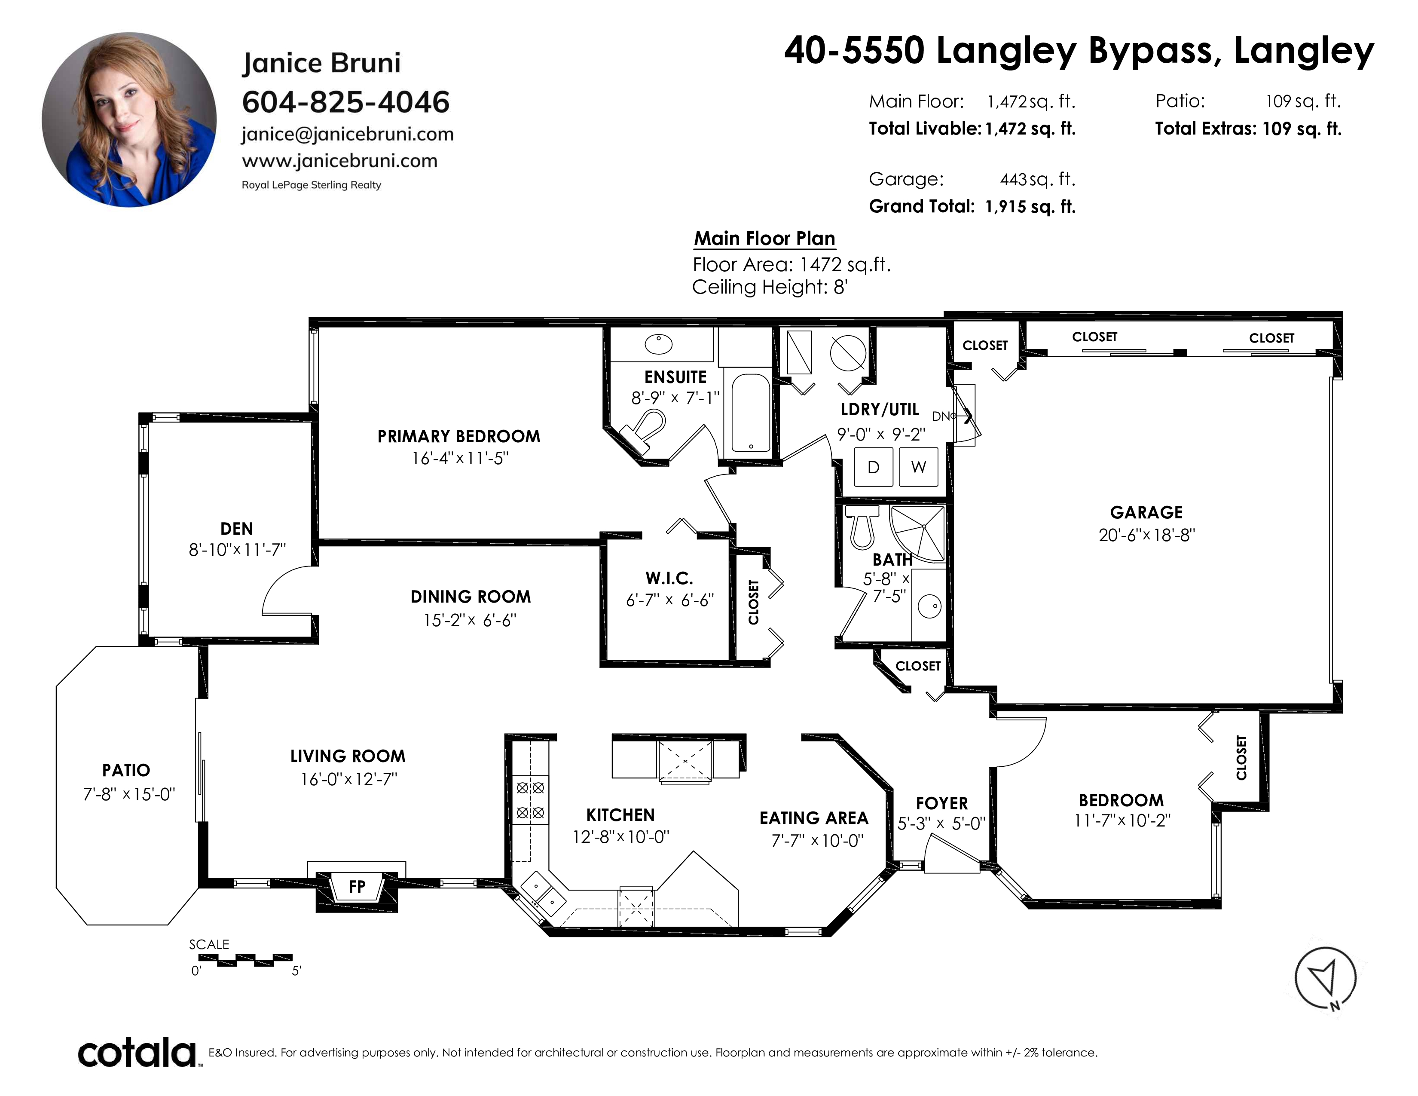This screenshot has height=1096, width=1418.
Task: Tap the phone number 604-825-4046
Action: tap(345, 102)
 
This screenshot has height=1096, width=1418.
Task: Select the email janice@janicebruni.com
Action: tap(347, 135)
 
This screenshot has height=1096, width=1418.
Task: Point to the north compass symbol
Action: tap(1326, 978)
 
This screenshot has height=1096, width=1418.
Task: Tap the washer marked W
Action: tap(918, 467)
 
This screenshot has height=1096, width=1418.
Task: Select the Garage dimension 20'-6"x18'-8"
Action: tap(1146, 536)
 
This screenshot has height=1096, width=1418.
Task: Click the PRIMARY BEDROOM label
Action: tap(459, 436)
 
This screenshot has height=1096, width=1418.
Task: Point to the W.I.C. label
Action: tap(669, 579)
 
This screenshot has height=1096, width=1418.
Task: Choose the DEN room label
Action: tap(236, 529)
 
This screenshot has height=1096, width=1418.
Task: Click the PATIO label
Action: tap(126, 771)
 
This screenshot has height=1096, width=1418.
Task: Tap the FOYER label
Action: tap(942, 804)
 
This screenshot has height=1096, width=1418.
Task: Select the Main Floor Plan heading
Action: tap(765, 239)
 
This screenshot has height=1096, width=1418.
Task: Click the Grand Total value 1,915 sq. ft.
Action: tap(1030, 207)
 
